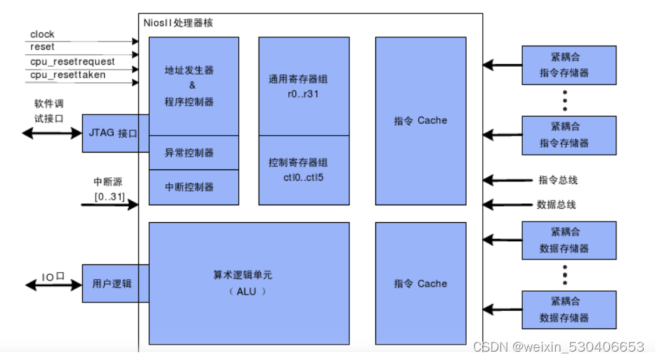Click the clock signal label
tap(42, 34)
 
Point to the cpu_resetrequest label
tap(72, 61)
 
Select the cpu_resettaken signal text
tap(67, 75)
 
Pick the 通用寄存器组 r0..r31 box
tap(304, 86)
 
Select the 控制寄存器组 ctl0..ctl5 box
tap(304, 170)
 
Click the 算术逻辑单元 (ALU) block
tap(249, 283)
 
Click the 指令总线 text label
tap(557, 180)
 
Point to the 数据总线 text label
tap(557, 205)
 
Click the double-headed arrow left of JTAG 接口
tap(52, 132)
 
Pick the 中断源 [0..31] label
tap(110, 190)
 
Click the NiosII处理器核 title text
tap(178, 23)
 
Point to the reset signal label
tap(42, 47)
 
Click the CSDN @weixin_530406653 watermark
tap(558, 347)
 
